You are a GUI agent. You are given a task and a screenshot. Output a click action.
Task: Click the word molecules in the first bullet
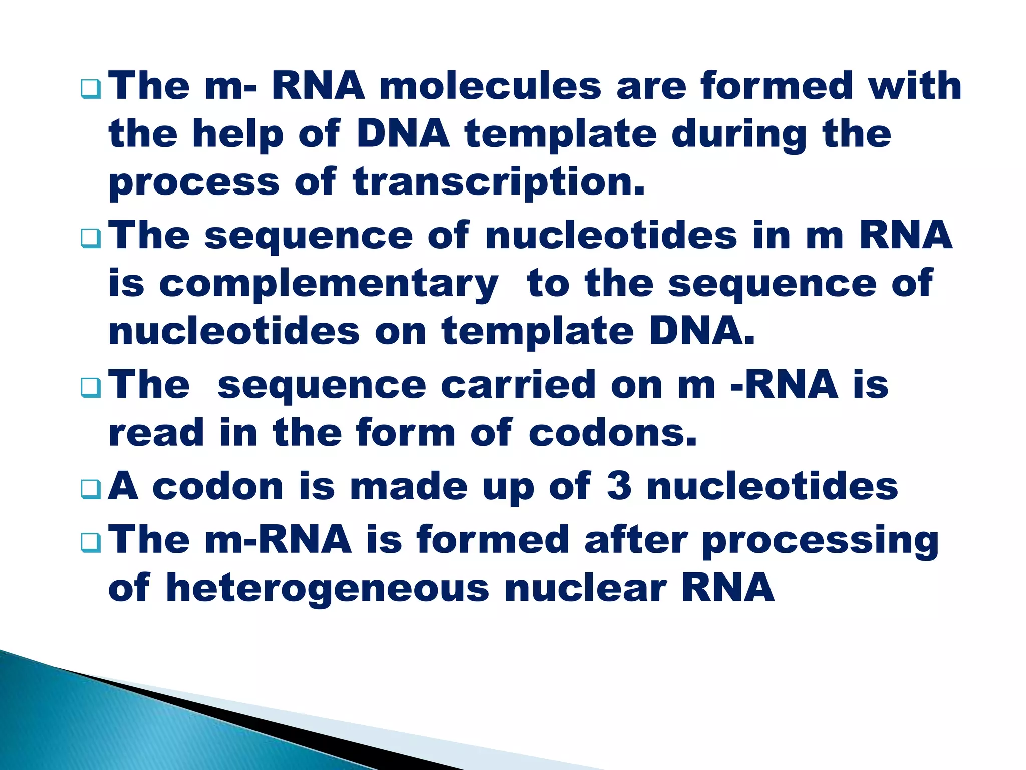[490, 86]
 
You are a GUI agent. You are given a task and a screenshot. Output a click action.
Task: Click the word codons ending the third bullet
[612, 433]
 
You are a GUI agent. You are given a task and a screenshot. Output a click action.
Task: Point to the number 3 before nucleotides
[619, 486]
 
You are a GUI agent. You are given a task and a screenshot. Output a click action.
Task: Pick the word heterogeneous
[328, 589]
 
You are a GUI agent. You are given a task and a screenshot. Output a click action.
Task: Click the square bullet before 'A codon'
[91, 490]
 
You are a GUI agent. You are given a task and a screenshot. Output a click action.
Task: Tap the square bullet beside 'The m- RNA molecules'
[91, 90]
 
